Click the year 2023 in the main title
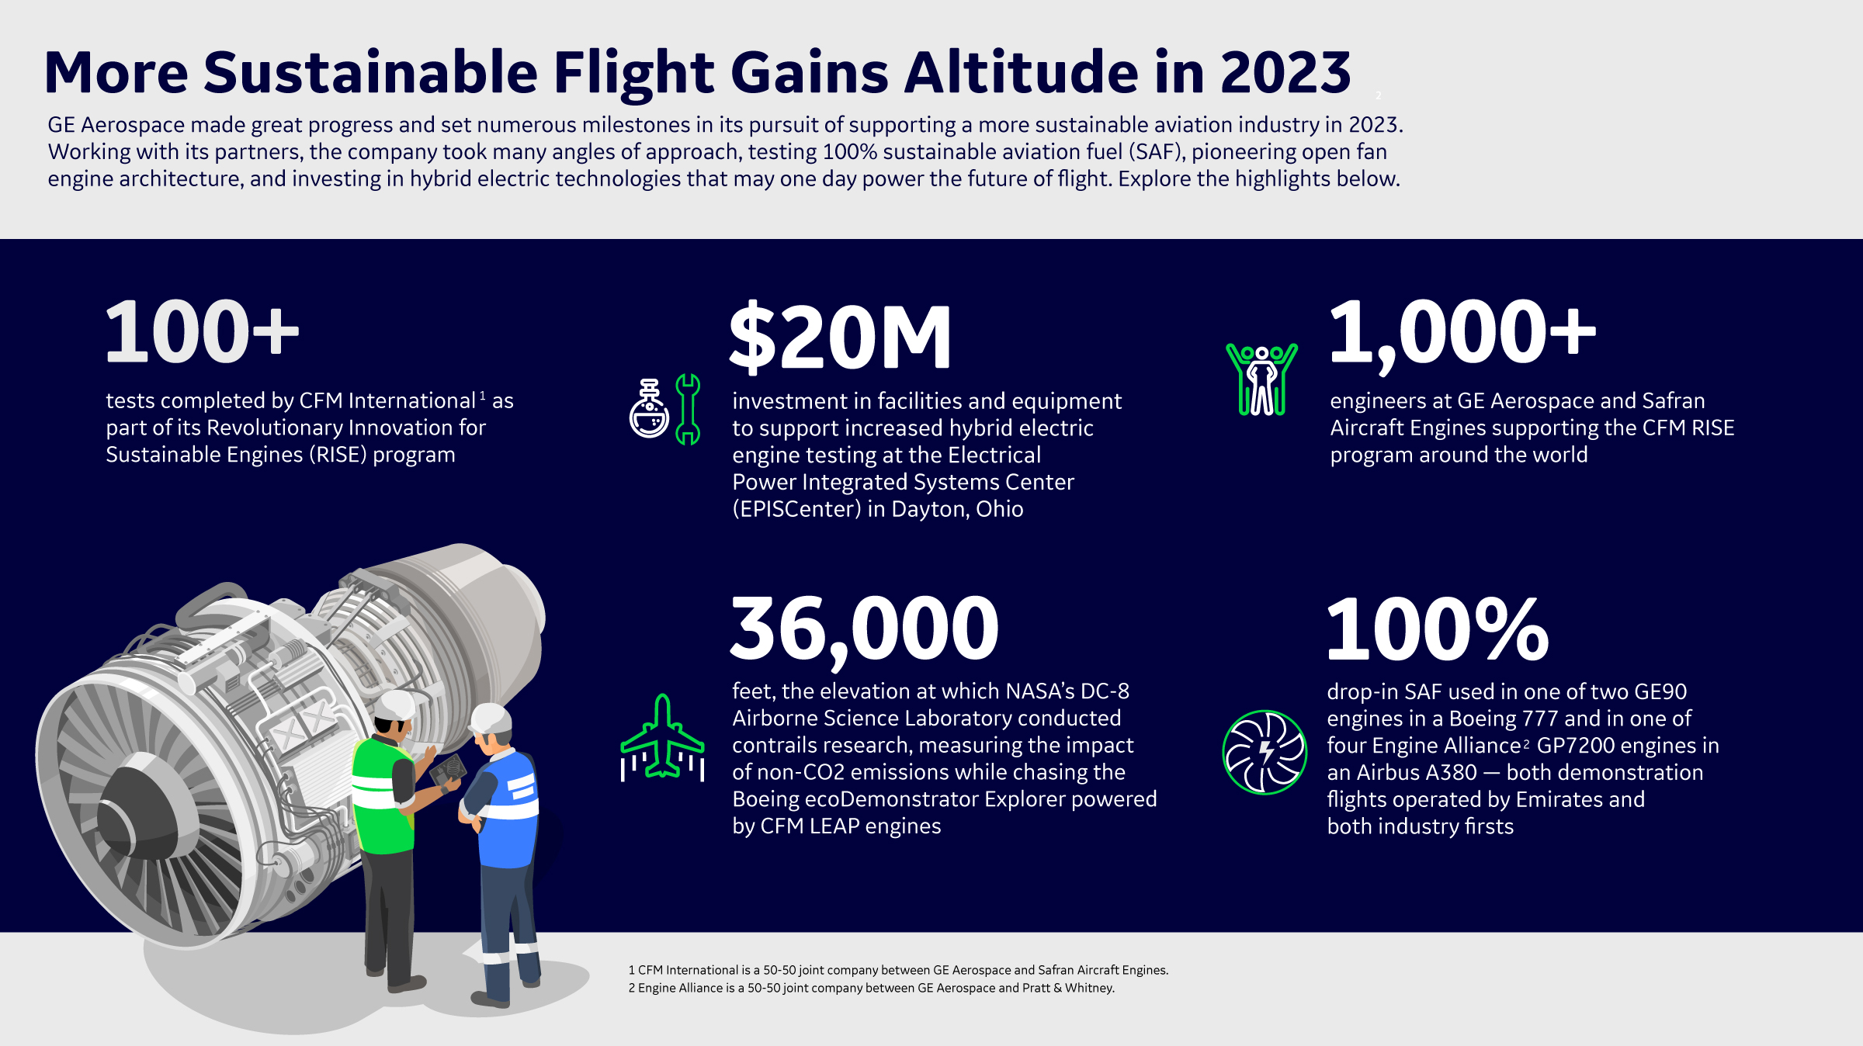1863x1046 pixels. coord(1285,72)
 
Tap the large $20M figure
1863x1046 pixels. coord(840,336)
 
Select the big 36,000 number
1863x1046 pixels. coord(865,629)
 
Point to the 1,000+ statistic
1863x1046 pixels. coord(1462,332)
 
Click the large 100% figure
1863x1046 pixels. coord(1438,629)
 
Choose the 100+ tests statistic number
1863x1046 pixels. coord(202,332)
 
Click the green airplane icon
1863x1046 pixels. coord(662,736)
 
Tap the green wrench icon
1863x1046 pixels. coord(688,409)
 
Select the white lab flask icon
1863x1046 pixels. coord(649,409)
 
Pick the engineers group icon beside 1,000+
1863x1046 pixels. coord(1261,379)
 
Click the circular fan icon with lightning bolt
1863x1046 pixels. coord(1265,752)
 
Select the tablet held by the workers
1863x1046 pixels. coord(448,771)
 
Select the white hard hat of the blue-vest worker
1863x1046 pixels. coord(492,718)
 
